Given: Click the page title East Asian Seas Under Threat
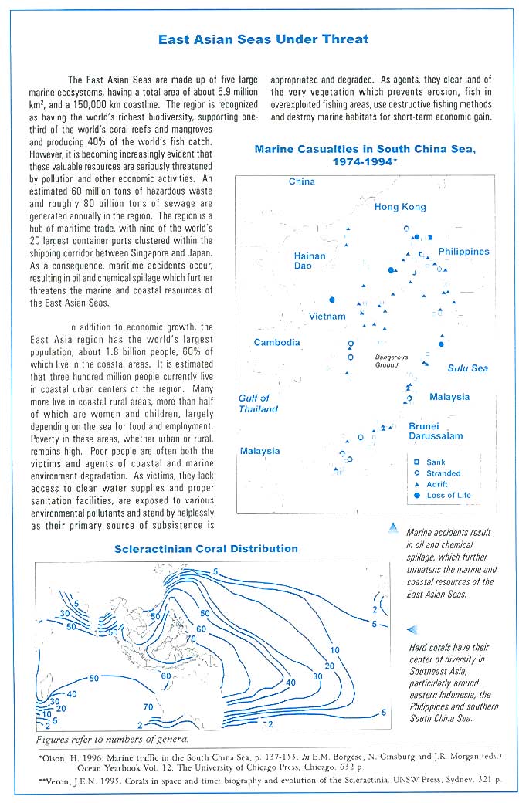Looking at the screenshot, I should point(263,39).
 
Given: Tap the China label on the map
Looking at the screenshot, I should point(301,181).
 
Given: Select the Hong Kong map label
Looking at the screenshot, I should point(400,207).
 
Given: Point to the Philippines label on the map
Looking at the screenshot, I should point(463,252).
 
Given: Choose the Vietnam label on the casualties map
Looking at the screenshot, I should point(327,317).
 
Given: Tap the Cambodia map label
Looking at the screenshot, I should point(277,342).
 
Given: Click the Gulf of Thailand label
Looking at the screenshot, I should point(258,404).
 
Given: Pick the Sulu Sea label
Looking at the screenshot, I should point(468,368).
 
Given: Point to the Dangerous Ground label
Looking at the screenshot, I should point(392,361).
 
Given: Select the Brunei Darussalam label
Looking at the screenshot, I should point(436,431).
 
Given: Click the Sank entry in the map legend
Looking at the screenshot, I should point(436,462).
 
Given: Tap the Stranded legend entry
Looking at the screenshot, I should point(443,473).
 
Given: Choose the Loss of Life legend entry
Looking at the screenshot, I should point(448,495).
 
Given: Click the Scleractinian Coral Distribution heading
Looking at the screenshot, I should point(205,549).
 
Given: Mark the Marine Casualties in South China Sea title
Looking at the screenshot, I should point(365,155).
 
